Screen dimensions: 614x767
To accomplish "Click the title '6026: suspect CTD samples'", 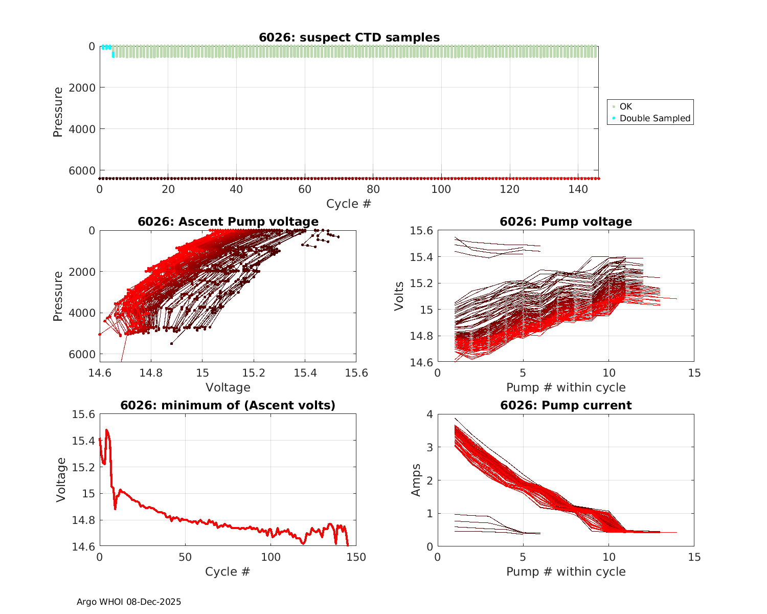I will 349,37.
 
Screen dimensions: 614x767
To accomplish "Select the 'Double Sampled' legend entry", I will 655,118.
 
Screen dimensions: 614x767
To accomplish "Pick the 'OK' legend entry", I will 625,106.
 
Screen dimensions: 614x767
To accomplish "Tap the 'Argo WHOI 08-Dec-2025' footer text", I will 129,602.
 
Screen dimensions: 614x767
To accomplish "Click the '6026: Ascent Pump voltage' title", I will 228,222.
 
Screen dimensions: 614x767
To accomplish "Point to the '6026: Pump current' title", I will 566,405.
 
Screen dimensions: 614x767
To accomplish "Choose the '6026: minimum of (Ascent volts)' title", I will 228,405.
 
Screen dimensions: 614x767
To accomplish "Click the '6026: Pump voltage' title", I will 566,222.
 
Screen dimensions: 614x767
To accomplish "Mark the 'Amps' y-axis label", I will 416,480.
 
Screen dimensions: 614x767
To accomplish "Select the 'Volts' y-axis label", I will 399,296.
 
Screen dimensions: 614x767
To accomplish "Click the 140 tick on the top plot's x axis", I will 578,189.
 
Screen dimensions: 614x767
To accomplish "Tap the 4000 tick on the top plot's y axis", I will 84,129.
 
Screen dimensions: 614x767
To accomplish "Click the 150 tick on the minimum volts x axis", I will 356,557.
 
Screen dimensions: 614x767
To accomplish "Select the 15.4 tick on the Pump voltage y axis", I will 421,257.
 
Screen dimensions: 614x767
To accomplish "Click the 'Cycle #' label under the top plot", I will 349,204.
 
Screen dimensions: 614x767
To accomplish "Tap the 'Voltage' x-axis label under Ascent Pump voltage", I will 228,387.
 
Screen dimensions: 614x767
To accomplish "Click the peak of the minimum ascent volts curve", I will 106,430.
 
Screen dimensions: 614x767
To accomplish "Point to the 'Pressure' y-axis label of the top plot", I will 58,112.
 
